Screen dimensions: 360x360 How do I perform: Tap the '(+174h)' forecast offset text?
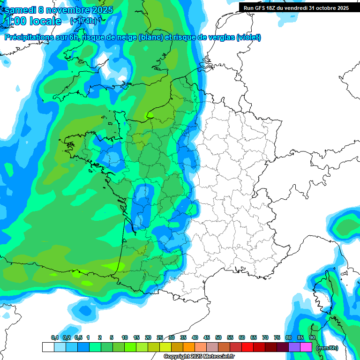tap(83, 21)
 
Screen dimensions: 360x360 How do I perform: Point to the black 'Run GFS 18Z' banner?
tap(297, 7)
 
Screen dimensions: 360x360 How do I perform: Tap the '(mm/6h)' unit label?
tap(327, 348)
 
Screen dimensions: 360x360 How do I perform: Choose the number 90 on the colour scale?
tap(312, 337)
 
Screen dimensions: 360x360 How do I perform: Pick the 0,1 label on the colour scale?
tap(55, 337)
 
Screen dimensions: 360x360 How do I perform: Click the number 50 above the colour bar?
tap(218, 337)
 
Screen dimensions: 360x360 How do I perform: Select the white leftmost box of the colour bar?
tap(48, 347)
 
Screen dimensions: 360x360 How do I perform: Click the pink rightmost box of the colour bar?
tap(306, 347)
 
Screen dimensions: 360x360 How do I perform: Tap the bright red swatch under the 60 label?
tap(247, 347)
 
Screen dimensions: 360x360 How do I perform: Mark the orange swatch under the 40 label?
tap(189, 347)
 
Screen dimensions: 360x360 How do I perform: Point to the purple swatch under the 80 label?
tap(294, 347)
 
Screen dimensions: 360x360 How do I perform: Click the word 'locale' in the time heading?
tap(45, 21)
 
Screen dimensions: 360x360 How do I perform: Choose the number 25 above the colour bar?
tap(160, 337)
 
